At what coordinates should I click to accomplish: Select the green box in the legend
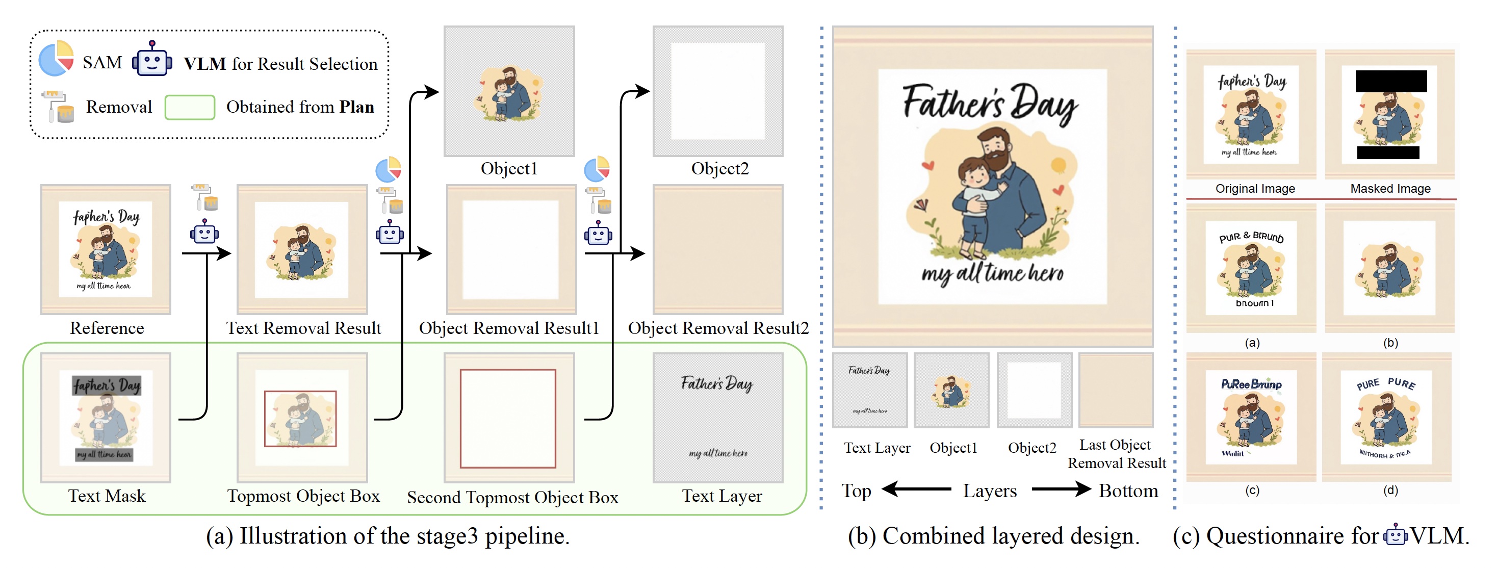click(190, 108)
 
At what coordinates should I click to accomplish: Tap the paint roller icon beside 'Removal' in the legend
click(58, 107)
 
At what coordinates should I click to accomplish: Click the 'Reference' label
click(107, 328)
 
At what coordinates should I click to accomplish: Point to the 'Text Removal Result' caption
click(303, 328)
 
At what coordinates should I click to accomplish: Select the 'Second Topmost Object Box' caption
click(512, 498)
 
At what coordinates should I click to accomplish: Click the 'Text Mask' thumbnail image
click(106, 418)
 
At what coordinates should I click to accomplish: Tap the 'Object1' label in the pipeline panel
click(509, 169)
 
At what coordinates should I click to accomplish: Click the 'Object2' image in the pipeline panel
click(718, 91)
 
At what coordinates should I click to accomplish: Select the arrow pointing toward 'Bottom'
click(1061, 489)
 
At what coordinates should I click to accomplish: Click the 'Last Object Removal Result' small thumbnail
click(1116, 390)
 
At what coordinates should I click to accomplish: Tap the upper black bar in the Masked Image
click(1390, 82)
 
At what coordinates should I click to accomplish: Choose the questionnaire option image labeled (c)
click(1251, 418)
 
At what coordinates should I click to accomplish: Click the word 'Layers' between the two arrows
click(990, 491)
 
